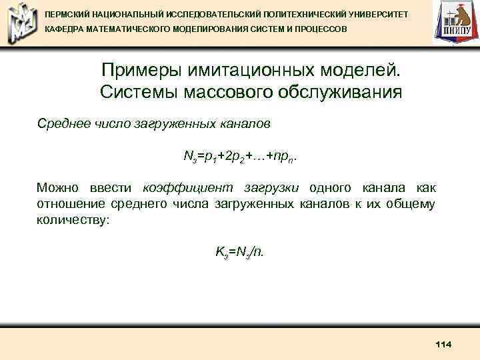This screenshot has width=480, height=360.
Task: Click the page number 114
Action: click(x=443, y=344)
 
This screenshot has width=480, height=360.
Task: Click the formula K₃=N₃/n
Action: click(x=239, y=252)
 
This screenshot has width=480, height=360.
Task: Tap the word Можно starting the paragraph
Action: click(x=58, y=188)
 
